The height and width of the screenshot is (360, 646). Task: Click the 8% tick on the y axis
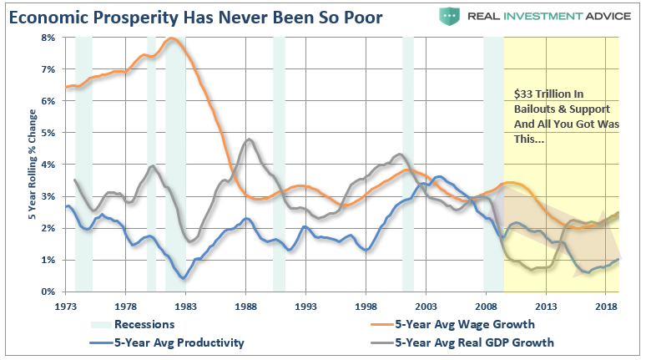click(x=48, y=38)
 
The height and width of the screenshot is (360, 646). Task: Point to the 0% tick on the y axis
click(x=48, y=292)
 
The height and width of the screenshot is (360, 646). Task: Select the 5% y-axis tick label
click(x=48, y=133)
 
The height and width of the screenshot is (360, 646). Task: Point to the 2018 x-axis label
click(x=606, y=307)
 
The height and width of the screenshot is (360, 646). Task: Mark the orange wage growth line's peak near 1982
click(x=173, y=38)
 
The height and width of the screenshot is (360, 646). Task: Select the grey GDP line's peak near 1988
click(x=248, y=139)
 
